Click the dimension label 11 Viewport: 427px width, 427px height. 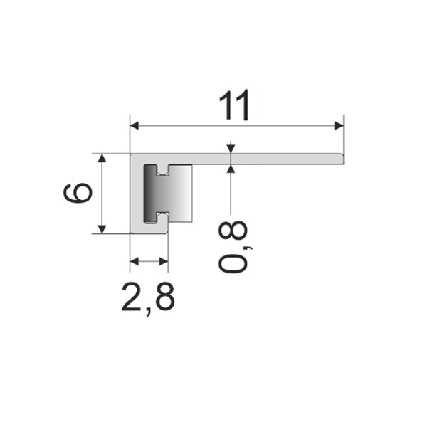[234, 105]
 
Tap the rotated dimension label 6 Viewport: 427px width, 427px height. [78, 193]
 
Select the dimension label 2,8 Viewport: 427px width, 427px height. [148, 298]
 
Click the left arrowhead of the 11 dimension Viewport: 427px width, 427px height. [135, 126]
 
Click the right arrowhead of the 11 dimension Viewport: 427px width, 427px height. [339, 126]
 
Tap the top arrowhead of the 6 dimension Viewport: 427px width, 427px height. [102, 158]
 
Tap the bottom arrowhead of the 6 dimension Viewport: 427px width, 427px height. [102, 229]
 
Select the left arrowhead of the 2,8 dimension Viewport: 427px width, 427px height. [135, 262]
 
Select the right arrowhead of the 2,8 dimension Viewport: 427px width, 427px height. [164, 262]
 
